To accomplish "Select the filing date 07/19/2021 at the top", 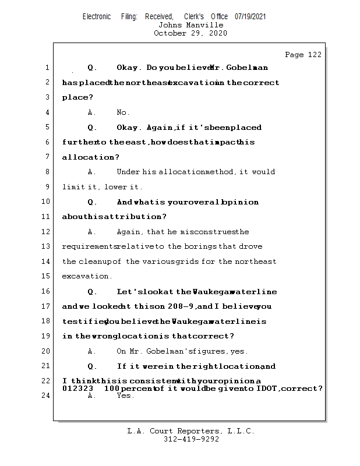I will click(x=250, y=17).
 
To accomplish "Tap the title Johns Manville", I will click(x=190, y=25).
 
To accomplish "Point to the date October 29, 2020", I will click(x=190, y=33).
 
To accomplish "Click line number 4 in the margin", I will click(x=47, y=112).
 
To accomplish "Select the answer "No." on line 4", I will click(x=123, y=112).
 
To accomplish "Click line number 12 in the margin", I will click(x=47, y=232).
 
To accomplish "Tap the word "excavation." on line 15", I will click(x=79, y=277).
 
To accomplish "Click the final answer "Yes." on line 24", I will click(x=125, y=396).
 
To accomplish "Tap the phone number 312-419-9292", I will click(x=191, y=439).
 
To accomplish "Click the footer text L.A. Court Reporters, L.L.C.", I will click(x=191, y=432).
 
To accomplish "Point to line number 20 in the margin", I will click(x=47, y=351).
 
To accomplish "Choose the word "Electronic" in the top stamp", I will click(x=97, y=17).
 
